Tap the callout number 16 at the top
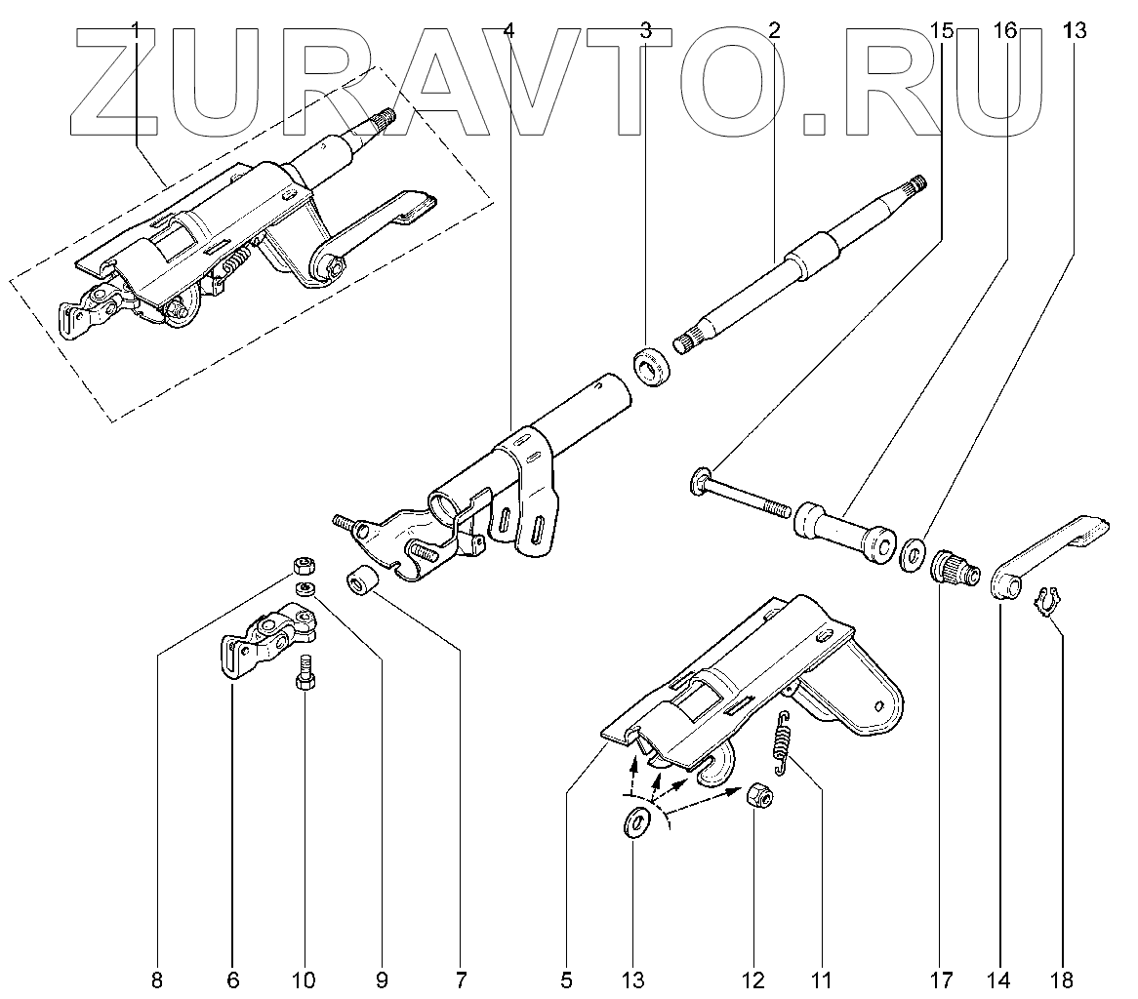coord(1005,31)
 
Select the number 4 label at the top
coord(508,31)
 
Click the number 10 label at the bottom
coord(304,979)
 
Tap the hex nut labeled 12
coord(758,798)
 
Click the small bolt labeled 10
coord(303,673)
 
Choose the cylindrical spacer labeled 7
coord(362,581)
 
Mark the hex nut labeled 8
coord(304,565)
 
